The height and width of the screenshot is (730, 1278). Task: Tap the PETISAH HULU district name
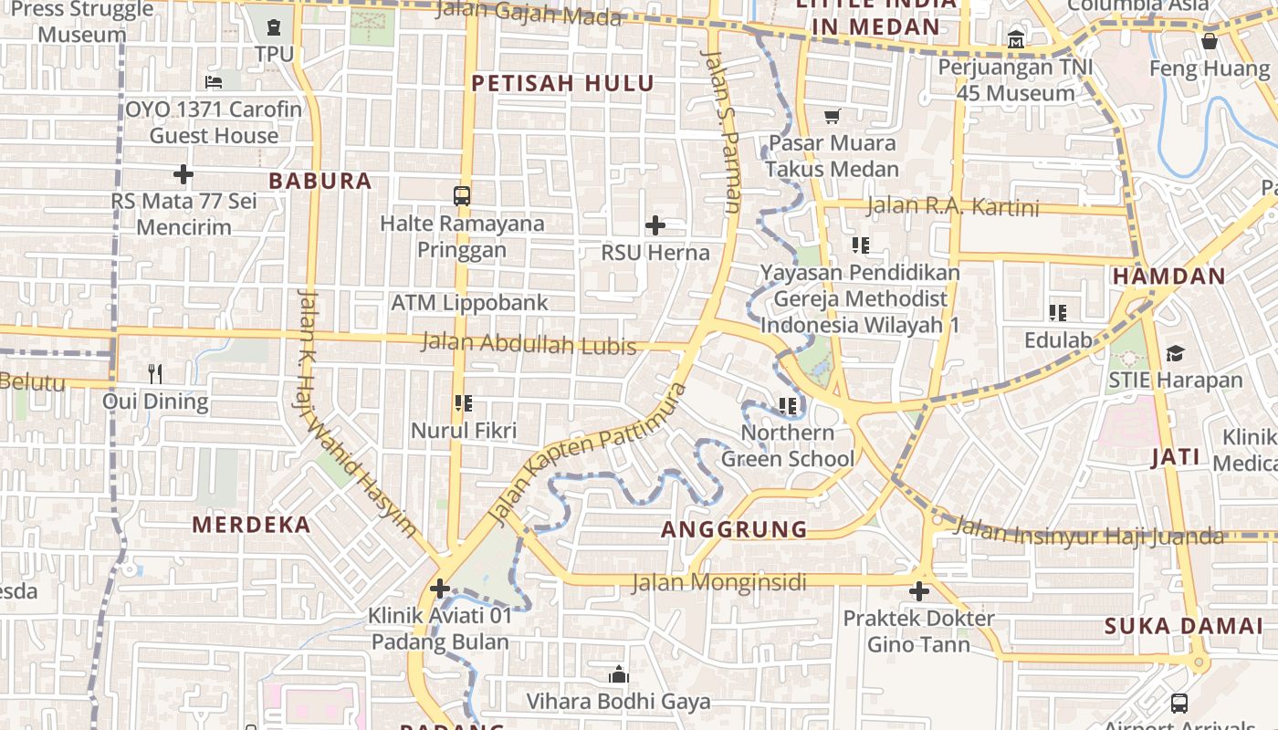click(562, 84)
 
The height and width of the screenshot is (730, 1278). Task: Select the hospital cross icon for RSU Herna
click(655, 225)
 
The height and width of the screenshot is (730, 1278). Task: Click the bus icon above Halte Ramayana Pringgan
click(462, 195)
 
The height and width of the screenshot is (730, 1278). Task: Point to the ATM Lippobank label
click(469, 303)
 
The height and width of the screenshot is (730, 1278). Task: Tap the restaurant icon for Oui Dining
click(155, 373)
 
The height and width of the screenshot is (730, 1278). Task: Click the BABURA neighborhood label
click(320, 181)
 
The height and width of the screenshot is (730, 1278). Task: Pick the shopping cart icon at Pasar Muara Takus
click(832, 116)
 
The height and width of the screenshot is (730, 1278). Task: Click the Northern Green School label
click(787, 445)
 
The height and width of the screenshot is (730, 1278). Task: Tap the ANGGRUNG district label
click(735, 529)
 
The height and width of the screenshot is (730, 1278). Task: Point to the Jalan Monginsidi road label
click(719, 582)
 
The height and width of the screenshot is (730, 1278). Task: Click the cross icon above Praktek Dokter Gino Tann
click(918, 591)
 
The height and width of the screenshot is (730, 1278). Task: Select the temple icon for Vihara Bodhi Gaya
click(618, 675)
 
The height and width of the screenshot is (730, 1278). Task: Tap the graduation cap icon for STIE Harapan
click(1175, 353)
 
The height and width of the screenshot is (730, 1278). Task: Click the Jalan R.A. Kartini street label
click(952, 207)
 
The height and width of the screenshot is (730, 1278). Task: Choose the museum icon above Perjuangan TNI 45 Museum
click(1016, 40)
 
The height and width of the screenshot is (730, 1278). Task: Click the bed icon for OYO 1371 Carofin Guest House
click(214, 82)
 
